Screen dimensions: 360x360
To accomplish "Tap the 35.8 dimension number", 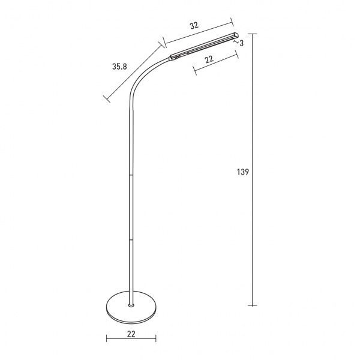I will pyautogui.click(x=120, y=67).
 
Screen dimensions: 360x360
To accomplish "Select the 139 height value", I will pyautogui.click(x=244, y=172).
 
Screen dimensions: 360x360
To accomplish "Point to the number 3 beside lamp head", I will pyautogui.click(x=241, y=43).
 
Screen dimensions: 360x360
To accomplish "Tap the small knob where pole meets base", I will pyautogui.click(x=131, y=305).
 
